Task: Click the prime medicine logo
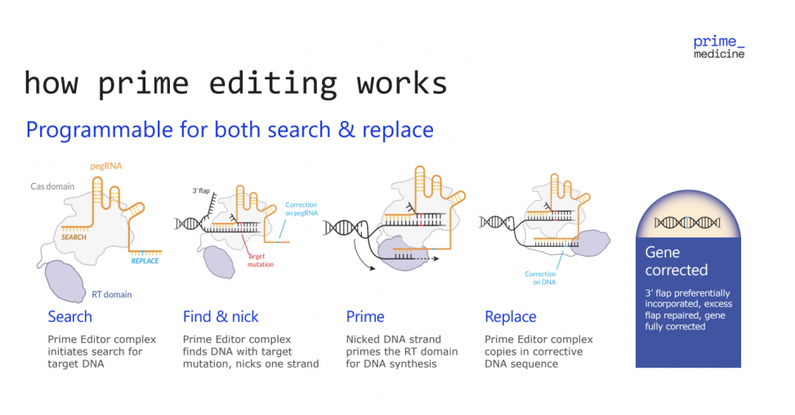718,47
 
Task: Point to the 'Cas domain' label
53,186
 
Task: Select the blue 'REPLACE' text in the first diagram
145,261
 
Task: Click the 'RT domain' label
113,294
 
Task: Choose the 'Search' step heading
69,317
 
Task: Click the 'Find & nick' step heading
221,317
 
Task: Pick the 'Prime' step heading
365,317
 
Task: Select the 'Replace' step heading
511,317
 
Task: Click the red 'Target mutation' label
261,260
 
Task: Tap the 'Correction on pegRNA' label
301,208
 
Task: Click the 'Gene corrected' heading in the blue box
676,261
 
